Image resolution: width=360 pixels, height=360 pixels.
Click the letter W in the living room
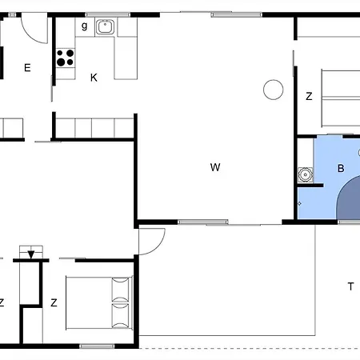[x=215, y=167]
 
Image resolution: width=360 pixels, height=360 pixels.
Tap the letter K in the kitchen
[x=94, y=78]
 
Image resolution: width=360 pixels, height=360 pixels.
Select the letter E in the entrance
[x=27, y=68]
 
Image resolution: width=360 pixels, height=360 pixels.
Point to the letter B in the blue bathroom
[x=341, y=168]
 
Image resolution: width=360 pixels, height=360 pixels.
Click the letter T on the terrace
[x=351, y=286]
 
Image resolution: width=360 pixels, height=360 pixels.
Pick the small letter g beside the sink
[x=84, y=26]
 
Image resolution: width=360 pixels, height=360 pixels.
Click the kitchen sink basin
[x=106, y=27]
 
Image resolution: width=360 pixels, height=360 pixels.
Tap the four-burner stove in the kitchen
[x=66, y=58]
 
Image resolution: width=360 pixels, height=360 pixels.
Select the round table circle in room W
[x=273, y=90]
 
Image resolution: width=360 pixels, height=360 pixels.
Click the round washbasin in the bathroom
[x=305, y=175]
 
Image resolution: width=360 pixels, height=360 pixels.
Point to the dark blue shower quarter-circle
[x=349, y=198]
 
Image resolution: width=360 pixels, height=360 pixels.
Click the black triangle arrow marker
[x=31, y=254]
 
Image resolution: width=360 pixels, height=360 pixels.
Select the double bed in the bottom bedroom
[x=99, y=303]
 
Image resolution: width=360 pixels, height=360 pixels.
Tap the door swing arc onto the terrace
[x=159, y=246]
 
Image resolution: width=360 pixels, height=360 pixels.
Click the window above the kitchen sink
[x=108, y=14]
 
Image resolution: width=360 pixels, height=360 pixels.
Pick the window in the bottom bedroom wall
[x=97, y=346]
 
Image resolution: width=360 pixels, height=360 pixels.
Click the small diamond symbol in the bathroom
[x=299, y=203]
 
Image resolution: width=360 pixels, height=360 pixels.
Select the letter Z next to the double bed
[x=54, y=302]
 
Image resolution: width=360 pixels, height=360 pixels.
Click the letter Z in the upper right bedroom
[x=309, y=96]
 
